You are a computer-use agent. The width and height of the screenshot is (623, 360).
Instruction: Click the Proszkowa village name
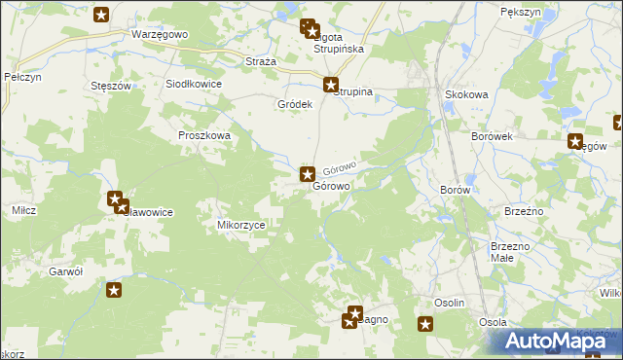[203, 136]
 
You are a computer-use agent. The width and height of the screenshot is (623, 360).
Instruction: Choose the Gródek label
[294, 104]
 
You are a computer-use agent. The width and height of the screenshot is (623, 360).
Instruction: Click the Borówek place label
[491, 137]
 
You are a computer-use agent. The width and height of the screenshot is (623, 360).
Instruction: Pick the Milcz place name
[24, 210]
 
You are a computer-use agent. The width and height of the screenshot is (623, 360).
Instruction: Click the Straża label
[260, 61]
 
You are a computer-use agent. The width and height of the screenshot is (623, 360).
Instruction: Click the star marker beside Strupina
[331, 85]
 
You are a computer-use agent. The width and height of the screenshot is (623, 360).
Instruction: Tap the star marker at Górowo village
[307, 175]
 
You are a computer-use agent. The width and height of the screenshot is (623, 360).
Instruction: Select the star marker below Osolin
[424, 325]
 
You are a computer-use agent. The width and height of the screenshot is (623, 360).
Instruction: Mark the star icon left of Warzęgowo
[102, 15]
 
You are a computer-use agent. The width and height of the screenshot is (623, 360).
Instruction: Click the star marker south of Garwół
[114, 289]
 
